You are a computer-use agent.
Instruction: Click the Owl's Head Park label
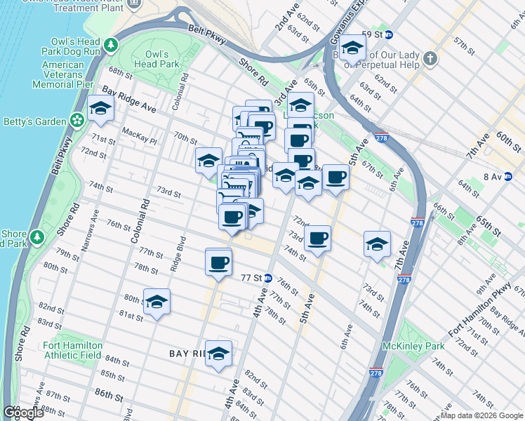[157, 59]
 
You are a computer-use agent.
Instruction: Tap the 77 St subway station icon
[267, 278]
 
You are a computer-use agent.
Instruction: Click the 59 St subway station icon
[388, 34]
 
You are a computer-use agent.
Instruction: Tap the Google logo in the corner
[23, 413]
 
